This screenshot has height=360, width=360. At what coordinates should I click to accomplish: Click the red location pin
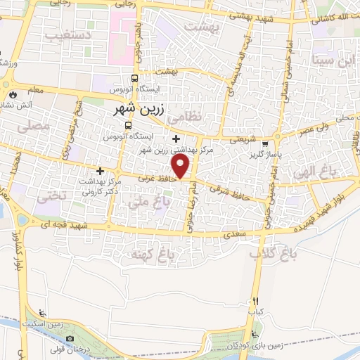[x=181, y=167]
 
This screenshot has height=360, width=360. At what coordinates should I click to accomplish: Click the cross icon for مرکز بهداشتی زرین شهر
[x=175, y=139]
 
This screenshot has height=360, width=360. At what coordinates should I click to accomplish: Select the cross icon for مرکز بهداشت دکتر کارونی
[x=100, y=171]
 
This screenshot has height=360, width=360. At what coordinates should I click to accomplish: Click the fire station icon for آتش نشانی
[x=13, y=94]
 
